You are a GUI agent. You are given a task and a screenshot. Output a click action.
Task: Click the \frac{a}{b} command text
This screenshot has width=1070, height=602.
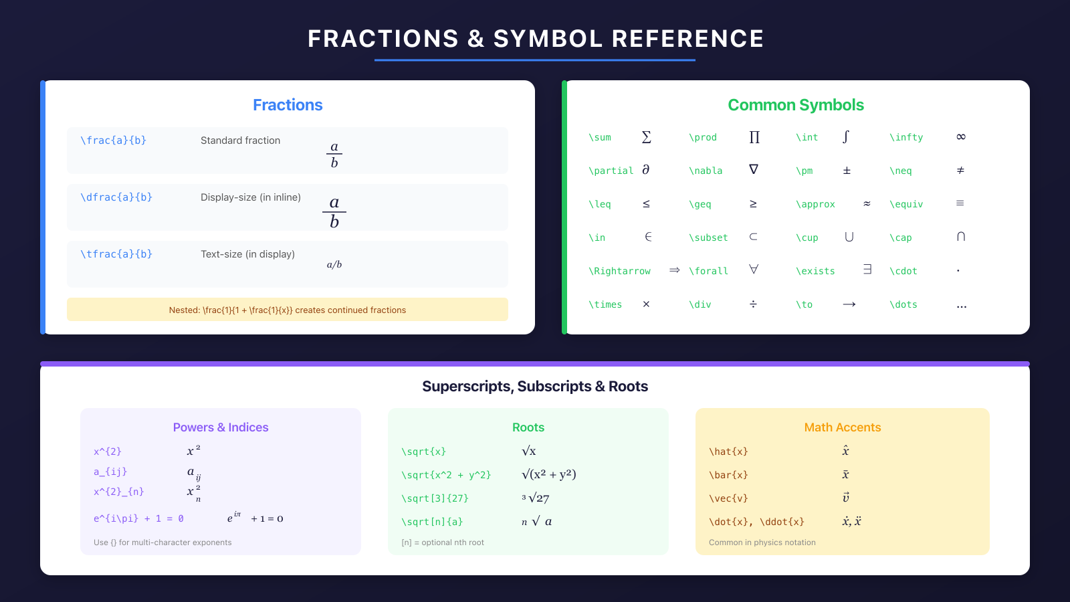point(113,140)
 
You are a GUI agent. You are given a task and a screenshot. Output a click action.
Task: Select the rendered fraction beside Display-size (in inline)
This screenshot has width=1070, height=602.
point(334,212)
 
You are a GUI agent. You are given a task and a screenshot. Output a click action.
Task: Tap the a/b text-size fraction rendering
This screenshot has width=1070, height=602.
point(334,265)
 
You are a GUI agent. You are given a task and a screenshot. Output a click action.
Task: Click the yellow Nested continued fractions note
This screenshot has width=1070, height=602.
point(288,310)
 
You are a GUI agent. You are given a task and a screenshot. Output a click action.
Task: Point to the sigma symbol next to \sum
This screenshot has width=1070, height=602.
point(646,137)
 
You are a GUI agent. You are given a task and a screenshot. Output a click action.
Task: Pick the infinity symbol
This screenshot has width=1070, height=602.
point(961,137)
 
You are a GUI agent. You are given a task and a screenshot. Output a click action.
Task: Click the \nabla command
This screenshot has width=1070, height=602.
point(706,171)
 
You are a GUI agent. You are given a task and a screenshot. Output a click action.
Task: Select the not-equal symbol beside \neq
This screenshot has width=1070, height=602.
point(960,171)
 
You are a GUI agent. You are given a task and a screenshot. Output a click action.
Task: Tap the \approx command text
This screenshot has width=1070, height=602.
point(815,204)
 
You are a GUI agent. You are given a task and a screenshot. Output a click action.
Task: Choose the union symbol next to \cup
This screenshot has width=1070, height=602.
point(849,237)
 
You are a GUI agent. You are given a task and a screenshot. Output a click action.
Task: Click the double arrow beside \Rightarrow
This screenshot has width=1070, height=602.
point(674,270)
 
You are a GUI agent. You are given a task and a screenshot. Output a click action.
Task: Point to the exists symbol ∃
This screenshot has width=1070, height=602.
point(867,270)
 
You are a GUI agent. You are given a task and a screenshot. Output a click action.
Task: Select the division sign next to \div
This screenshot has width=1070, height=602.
point(753,304)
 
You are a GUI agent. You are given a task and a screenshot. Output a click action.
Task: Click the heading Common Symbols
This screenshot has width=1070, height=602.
point(796,105)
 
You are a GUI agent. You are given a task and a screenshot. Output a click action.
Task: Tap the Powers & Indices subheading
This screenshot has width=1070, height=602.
point(221,427)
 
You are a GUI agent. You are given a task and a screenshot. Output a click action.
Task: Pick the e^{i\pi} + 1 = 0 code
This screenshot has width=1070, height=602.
point(138,518)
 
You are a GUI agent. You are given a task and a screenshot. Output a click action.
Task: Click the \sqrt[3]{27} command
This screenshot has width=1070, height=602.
point(435,498)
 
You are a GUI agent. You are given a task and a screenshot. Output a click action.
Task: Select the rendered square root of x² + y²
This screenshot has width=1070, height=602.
point(548,474)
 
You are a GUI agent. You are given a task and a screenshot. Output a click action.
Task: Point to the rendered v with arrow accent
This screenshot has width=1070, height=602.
point(846,498)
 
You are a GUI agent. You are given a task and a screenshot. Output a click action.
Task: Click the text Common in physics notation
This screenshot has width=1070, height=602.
point(762,542)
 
